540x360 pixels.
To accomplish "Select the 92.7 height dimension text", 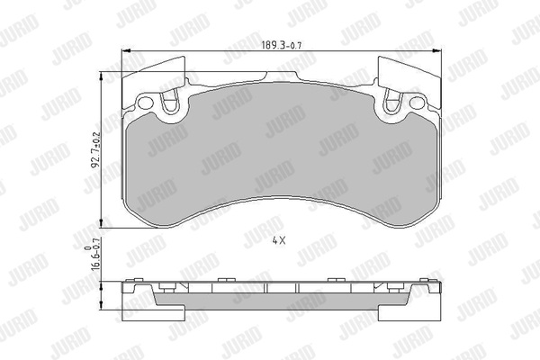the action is (x=95, y=150).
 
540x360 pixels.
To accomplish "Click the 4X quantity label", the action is (x=279, y=241).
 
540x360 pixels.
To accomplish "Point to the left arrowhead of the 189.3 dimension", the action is (x=126, y=51).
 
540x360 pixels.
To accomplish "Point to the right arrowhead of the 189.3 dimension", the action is (x=437, y=51).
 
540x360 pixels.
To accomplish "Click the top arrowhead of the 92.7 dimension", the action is (x=101, y=76).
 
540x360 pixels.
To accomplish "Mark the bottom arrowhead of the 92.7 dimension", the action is (x=101, y=223).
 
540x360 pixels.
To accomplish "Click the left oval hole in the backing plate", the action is (x=145, y=103).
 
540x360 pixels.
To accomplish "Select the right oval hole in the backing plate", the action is (x=418, y=103).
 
